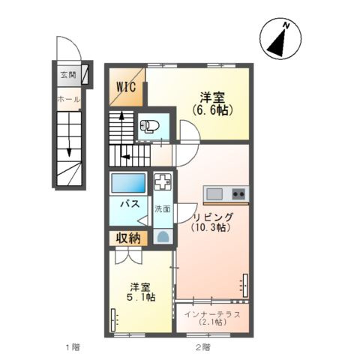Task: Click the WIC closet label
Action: [x=127, y=87]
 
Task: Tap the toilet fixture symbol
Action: [x=150, y=125]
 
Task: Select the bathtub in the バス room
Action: [x=128, y=183]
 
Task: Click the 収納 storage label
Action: [x=128, y=238]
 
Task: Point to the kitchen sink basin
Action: [x=214, y=194]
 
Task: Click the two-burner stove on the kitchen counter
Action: [x=238, y=193]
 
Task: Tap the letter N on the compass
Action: [x=286, y=25]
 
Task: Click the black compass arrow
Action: [x=279, y=43]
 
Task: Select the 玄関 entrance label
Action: [x=68, y=75]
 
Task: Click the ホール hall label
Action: [x=69, y=100]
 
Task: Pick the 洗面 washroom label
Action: [x=163, y=208]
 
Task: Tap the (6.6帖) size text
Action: [x=212, y=110]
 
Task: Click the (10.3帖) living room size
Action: [x=210, y=227]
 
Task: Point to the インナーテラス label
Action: [x=212, y=314]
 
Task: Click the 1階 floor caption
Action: [x=73, y=347]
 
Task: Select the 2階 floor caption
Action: [x=202, y=347]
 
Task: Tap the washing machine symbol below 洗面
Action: [x=163, y=236]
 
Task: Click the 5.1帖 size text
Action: [x=140, y=298]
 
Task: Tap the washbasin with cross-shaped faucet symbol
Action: [x=163, y=181]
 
